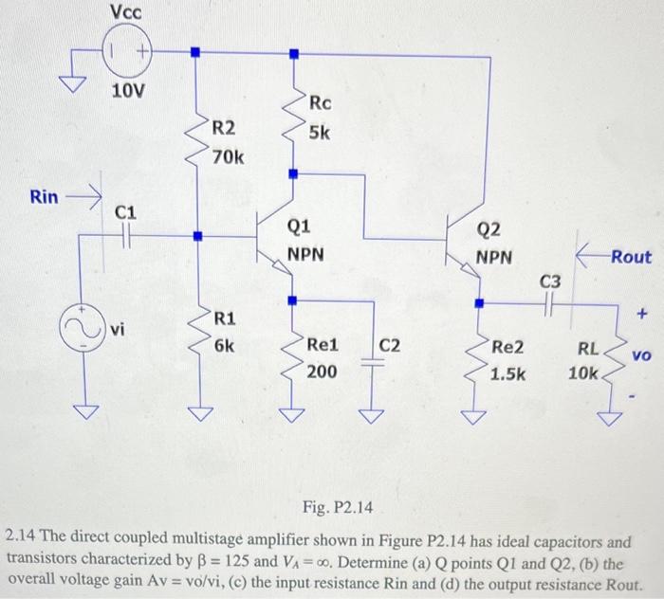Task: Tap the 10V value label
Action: (128, 92)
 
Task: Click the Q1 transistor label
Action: (297, 227)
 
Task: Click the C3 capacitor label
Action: (551, 281)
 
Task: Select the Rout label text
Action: (631, 256)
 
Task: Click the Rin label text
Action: (44, 197)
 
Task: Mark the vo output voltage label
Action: (641, 355)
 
